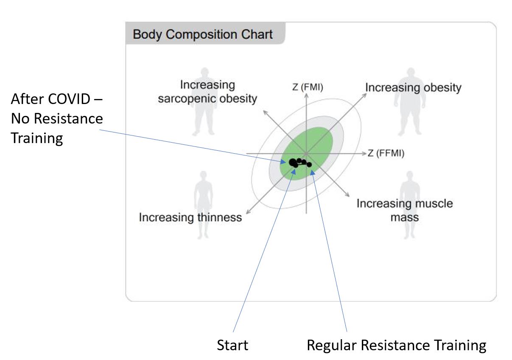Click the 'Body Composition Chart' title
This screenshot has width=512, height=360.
[202, 34]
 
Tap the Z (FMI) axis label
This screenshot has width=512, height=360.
[308, 87]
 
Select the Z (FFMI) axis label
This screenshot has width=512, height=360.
[386, 153]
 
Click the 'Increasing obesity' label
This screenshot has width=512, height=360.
[413, 87]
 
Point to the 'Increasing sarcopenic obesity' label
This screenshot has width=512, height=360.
[207, 92]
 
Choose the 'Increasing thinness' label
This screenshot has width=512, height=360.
[190, 217]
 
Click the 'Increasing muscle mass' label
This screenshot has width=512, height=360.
[405, 210]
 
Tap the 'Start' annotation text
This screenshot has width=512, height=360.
[232, 345]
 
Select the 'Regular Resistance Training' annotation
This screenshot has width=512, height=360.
[397, 346]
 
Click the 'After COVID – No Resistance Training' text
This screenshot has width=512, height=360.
[57, 118]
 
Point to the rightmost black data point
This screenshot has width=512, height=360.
[309, 164]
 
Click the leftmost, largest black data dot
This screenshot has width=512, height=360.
[293, 163]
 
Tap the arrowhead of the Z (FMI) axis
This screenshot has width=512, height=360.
[306, 96]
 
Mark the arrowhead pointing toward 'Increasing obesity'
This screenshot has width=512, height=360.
[364, 96]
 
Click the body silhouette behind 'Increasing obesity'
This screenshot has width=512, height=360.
[411, 101]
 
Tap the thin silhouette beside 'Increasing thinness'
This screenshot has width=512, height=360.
[203, 205]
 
